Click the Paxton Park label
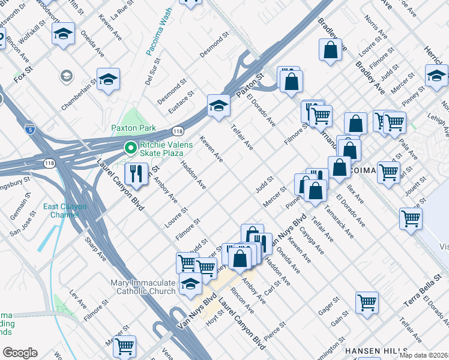(133, 128)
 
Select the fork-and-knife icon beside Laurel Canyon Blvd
(136, 173)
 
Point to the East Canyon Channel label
(65, 211)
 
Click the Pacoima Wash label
(159, 33)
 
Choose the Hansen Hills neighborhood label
(369, 350)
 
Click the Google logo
(20, 352)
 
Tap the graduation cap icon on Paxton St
(219, 106)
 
